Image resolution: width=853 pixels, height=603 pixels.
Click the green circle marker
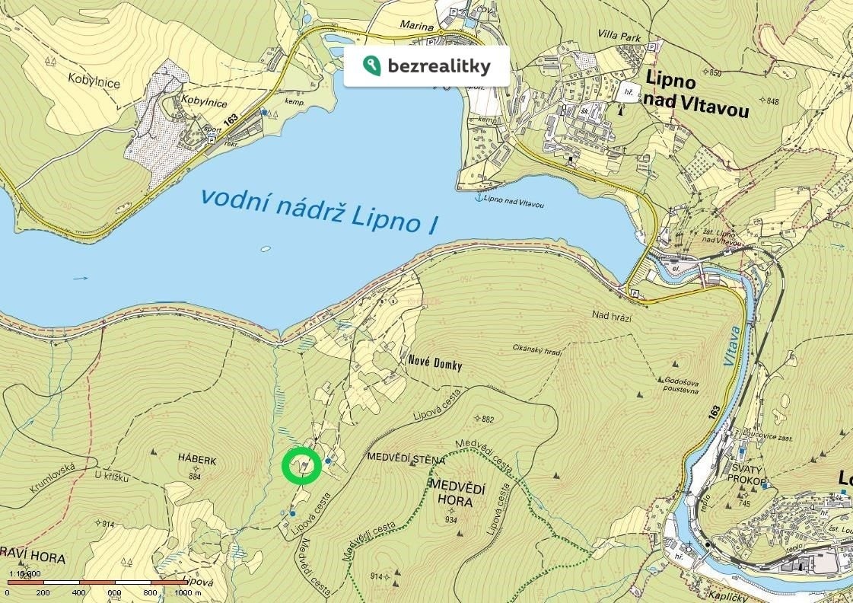point(301,466)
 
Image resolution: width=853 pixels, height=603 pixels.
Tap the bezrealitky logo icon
point(372,65)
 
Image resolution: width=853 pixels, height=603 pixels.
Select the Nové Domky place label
point(431,365)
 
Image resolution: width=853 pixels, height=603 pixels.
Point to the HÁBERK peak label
point(197,460)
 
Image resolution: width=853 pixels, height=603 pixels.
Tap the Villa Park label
point(622,37)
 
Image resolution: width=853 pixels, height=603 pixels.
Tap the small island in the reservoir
point(265,248)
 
